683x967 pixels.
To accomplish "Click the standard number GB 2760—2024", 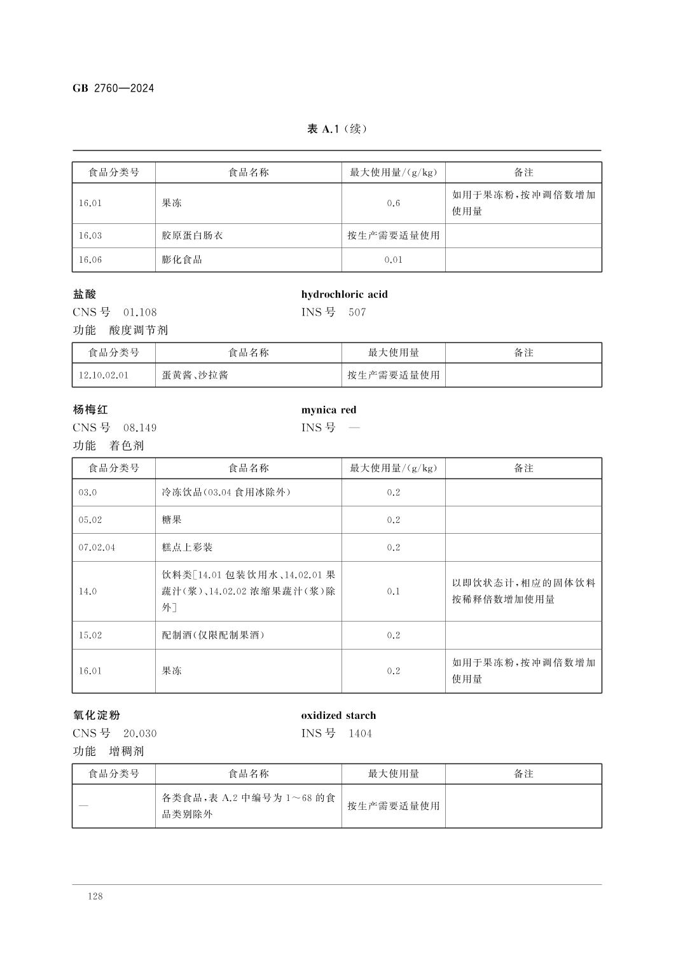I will coord(113,88).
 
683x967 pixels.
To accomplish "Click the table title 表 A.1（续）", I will coord(337,129).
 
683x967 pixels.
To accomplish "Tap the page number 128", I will coord(95,896).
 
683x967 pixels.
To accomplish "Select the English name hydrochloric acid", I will coord(344,295).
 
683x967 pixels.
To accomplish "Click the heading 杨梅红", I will coord(90,410).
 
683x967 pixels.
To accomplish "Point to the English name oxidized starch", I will coord(338,716).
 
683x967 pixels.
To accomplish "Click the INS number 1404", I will coord(360,734).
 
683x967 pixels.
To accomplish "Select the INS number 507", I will coord(357,312).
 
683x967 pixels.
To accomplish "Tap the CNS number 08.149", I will coord(140,428).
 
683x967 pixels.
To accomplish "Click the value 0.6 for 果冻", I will coord(394,204).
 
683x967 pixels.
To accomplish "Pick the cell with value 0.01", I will coord(394,260).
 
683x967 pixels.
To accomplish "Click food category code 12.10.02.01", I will coord(103,375).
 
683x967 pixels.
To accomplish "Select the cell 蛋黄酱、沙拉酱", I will coord(195,375).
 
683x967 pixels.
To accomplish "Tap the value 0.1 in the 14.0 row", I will coord(394,591).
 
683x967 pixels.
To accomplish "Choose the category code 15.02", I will coord(90,635).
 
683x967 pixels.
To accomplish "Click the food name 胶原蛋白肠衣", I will coord(192,235).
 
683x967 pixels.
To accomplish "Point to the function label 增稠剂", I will coord(127,751).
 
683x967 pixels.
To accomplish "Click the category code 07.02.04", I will coord(97,547).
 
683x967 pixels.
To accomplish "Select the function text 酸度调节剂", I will coord(138,330).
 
